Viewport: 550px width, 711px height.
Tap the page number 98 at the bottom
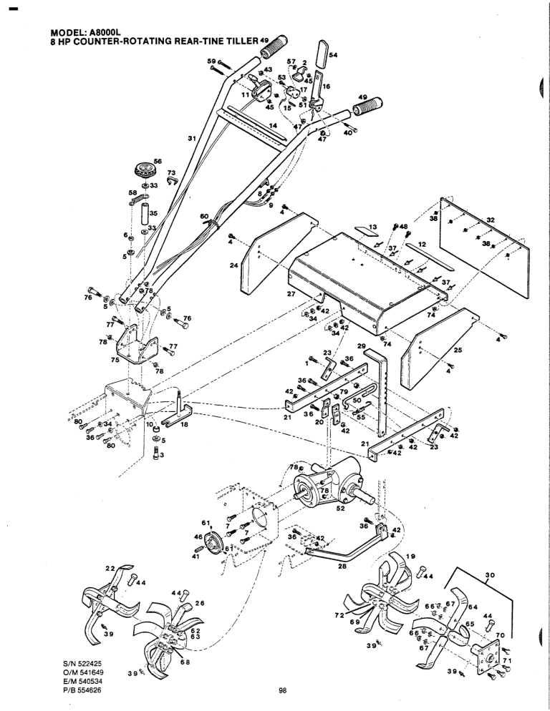283,690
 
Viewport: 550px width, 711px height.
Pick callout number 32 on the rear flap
491,220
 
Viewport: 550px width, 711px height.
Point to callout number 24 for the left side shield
233,265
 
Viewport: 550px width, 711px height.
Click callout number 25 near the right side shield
458,350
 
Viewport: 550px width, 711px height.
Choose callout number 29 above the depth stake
362,346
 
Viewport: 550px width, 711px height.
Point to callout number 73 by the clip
170,172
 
